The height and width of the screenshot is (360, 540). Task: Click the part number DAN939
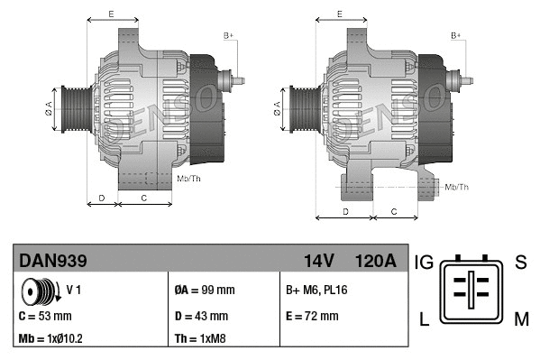click(x=54, y=262)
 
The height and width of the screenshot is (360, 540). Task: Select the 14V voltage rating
click(x=319, y=262)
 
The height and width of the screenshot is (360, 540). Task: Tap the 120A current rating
click(x=375, y=262)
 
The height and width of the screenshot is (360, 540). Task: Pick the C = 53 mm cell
click(x=45, y=317)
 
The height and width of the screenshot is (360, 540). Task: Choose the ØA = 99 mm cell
click(x=204, y=291)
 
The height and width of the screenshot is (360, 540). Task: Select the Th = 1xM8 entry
click(x=200, y=340)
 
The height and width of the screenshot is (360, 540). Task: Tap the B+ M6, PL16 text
click(x=316, y=291)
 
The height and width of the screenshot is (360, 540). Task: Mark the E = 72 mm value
click(x=311, y=316)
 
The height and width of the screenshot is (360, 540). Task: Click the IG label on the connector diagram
click(x=425, y=263)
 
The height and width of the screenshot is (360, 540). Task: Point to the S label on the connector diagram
click(x=520, y=263)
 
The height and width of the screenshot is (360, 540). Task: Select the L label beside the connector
click(x=423, y=318)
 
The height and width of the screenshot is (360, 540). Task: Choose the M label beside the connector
click(x=521, y=318)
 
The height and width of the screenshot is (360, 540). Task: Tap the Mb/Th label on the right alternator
click(x=457, y=187)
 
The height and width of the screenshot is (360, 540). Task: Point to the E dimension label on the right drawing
click(x=338, y=14)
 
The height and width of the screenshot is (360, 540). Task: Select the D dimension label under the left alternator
click(x=102, y=197)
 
